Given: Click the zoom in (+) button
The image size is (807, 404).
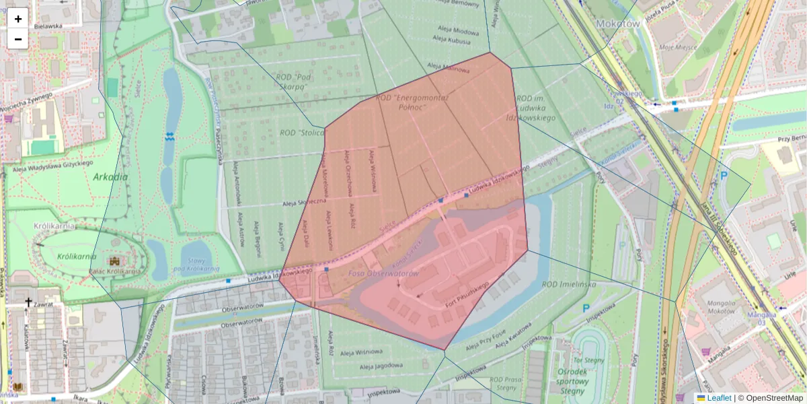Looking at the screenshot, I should (17, 19).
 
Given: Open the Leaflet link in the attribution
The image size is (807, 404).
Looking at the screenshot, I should (718, 398).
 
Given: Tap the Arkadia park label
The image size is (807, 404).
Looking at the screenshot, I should (111, 177).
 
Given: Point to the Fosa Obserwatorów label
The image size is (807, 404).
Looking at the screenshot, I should (383, 273).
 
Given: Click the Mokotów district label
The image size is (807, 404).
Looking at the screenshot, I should (617, 23).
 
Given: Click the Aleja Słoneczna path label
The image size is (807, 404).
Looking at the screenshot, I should (304, 201).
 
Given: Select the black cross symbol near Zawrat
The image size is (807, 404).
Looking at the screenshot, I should (28, 303).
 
